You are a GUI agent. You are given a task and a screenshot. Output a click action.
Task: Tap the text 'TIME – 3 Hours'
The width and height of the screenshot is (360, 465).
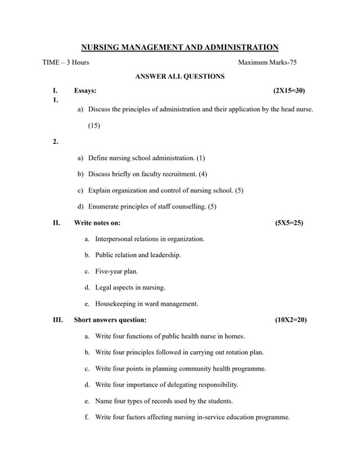click(x=66, y=63)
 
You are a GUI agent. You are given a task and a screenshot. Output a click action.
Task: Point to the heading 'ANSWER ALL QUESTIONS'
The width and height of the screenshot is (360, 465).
click(x=180, y=77)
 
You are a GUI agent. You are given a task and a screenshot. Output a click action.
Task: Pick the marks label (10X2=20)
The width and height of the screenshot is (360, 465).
click(x=290, y=320)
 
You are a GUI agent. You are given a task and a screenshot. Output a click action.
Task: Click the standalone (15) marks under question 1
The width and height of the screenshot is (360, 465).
click(x=94, y=125)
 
